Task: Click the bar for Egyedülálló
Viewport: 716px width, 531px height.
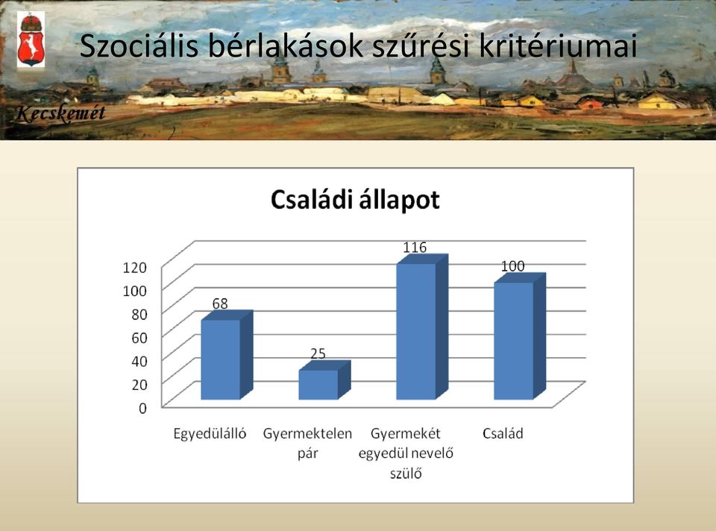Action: pyautogui.click(x=227, y=355)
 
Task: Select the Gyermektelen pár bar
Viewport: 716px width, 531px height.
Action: pyautogui.click(x=324, y=380)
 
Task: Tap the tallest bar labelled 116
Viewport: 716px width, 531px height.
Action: pyautogui.click(x=422, y=327)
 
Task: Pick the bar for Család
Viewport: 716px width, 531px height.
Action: pyautogui.click(x=520, y=336)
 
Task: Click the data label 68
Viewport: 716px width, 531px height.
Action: pyautogui.click(x=219, y=304)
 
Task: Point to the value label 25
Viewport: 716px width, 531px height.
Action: pyautogui.click(x=318, y=354)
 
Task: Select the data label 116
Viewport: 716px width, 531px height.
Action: pyautogui.click(x=415, y=248)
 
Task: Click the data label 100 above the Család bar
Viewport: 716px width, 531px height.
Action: pyautogui.click(x=513, y=266)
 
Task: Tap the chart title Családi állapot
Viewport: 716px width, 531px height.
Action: pyautogui.click(x=355, y=200)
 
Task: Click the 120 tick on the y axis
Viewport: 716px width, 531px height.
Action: pyautogui.click(x=135, y=267)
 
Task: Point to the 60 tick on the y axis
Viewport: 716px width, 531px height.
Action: pyautogui.click(x=139, y=338)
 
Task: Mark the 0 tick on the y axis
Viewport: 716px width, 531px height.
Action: pyautogui.click(x=143, y=408)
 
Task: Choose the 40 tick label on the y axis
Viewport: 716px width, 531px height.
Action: pyautogui.click(x=139, y=361)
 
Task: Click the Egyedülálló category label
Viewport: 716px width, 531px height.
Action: pyautogui.click(x=210, y=433)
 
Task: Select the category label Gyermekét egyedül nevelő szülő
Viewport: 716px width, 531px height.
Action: pyautogui.click(x=406, y=453)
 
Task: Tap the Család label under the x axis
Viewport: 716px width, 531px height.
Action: pyautogui.click(x=503, y=433)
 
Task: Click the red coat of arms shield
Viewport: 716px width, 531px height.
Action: pyautogui.click(x=31, y=48)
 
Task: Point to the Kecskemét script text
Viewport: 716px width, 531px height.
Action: pyautogui.click(x=60, y=113)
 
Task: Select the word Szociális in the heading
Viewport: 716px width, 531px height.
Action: pyautogui.click(x=139, y=45)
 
